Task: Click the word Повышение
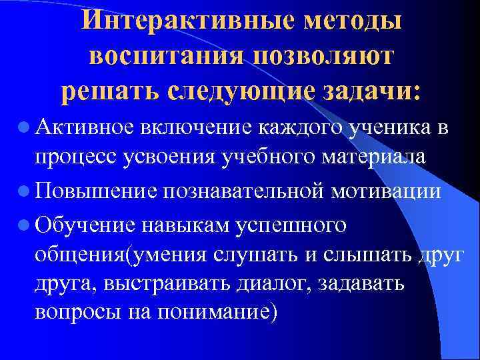click(x=93, y=193)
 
